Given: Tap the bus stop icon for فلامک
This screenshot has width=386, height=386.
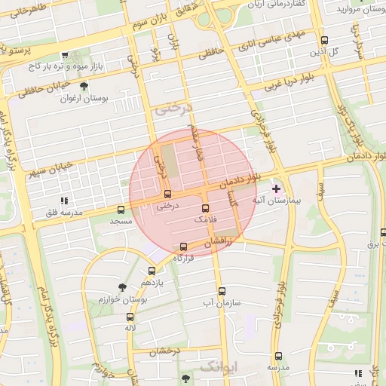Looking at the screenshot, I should tap(205, 207).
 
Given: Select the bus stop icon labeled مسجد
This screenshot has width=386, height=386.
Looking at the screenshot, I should tap(121, 210).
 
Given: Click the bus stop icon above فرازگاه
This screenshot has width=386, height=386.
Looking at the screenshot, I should tap(183, 247).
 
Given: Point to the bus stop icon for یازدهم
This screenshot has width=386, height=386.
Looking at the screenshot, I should tap(152, 271).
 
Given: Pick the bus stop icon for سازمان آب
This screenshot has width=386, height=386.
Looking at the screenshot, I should tap(222, 291).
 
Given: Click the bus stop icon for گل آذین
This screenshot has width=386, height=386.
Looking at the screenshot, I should tap(324, 41).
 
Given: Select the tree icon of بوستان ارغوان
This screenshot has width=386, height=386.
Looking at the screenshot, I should tap(94, 87).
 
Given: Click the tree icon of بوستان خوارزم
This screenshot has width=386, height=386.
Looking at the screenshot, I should tap(122, 286).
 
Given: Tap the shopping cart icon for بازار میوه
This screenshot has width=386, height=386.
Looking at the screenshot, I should tap(66, 56).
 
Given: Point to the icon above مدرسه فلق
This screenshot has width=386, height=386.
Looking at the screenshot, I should tap(64, 201).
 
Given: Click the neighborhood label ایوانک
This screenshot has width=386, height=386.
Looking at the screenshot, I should tap(219, 366).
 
